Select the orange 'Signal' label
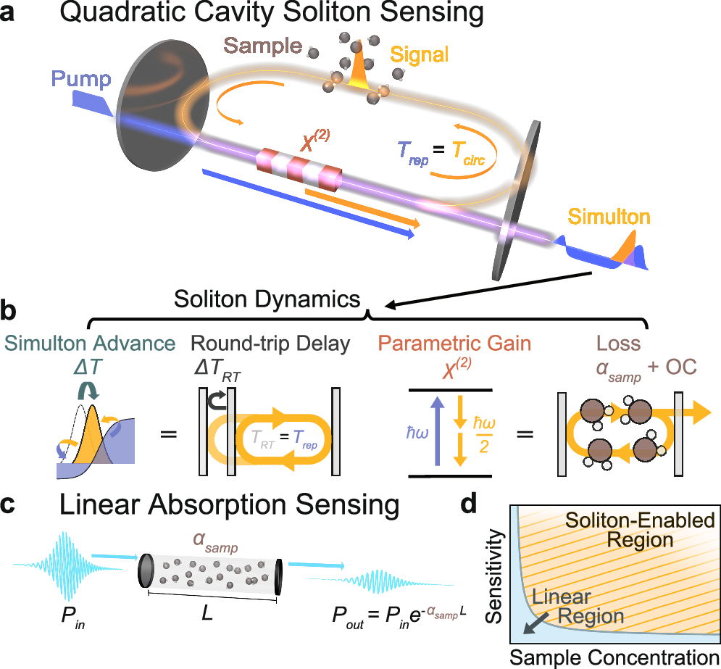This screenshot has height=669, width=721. [420, 54]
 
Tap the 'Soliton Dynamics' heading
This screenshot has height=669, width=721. [267, 298]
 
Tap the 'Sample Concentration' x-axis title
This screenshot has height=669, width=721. [614, 657]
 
